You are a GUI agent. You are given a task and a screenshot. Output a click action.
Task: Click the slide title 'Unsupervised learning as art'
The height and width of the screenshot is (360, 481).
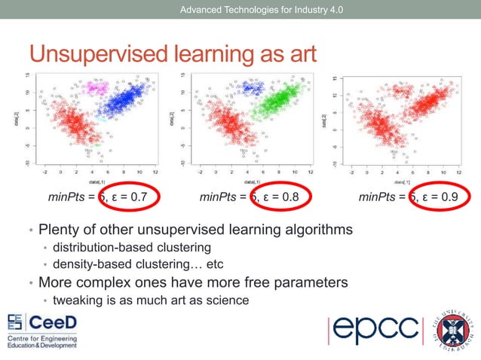173,53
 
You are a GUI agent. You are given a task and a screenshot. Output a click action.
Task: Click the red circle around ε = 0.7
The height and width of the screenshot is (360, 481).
133,199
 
